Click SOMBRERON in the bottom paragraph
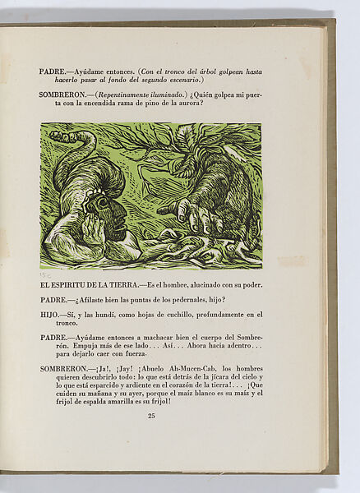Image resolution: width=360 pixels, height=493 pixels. (64, 367)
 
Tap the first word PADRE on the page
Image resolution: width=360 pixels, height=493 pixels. (54, 71)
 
